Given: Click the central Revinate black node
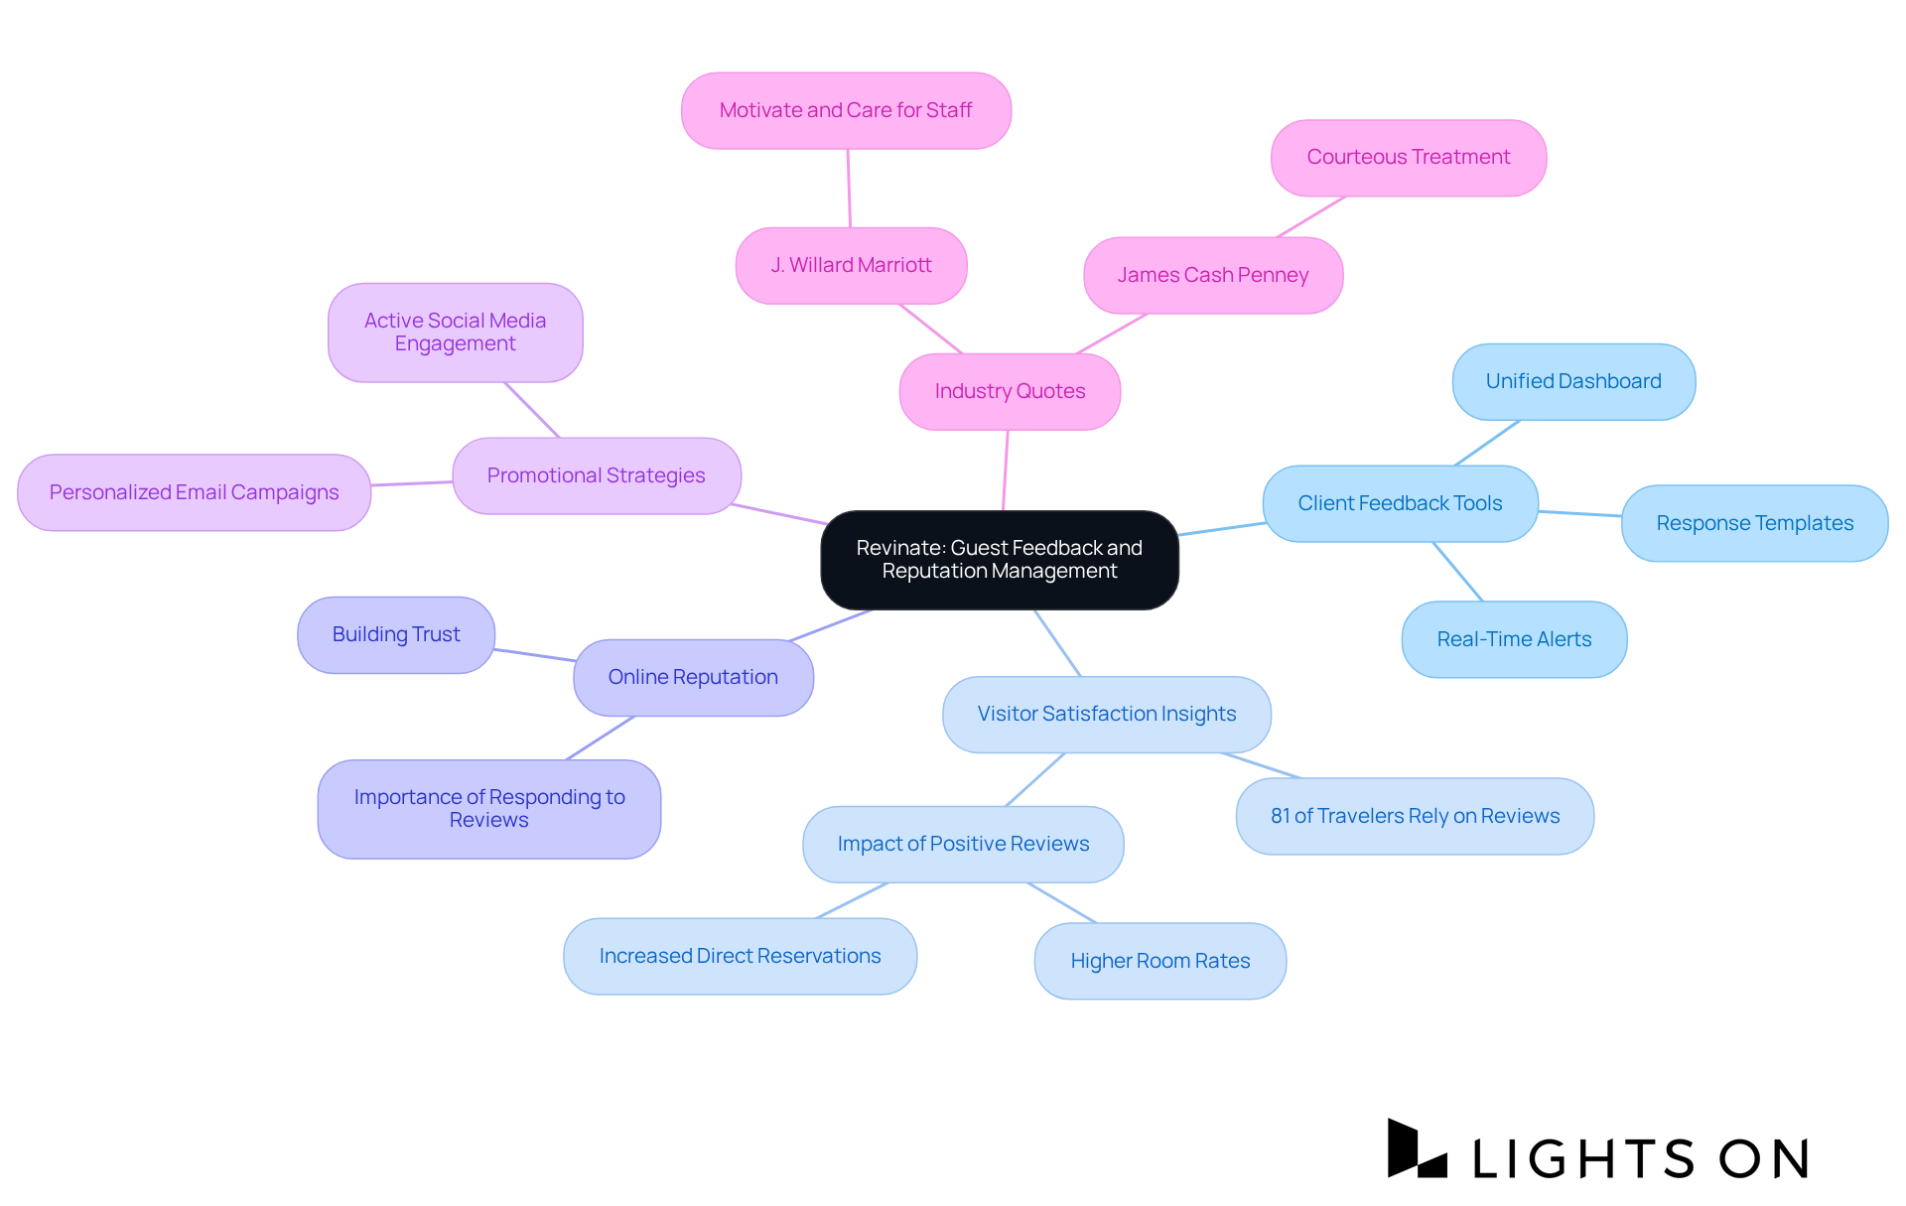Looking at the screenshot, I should point(999,560).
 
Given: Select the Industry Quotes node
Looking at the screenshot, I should point(1010,391).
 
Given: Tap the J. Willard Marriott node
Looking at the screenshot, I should point(851,265).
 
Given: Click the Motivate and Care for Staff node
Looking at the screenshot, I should point(846,110).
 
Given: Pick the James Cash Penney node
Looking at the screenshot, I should point(1212,275).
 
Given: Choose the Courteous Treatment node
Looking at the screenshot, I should point(1408,157).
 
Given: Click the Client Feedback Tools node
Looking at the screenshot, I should point(1400,503).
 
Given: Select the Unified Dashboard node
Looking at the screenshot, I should point(1572,381).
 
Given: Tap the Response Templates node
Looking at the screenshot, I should point(1754,523).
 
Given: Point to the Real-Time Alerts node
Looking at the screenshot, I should point(1514,639).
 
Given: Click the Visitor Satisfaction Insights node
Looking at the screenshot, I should point(1106,714).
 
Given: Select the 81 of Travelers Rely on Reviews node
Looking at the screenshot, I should point(1415,816).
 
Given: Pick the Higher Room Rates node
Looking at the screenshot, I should point(1159,961).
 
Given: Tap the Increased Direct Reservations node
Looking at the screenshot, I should point(740,956).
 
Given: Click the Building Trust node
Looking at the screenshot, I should point(396,634).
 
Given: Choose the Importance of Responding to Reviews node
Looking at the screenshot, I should point(488,808).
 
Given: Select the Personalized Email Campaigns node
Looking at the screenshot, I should point(194,492).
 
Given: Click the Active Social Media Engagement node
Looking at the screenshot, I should point(455,332).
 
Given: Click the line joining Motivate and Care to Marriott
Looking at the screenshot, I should point(849,189).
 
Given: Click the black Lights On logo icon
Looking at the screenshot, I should point(1416,1149).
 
